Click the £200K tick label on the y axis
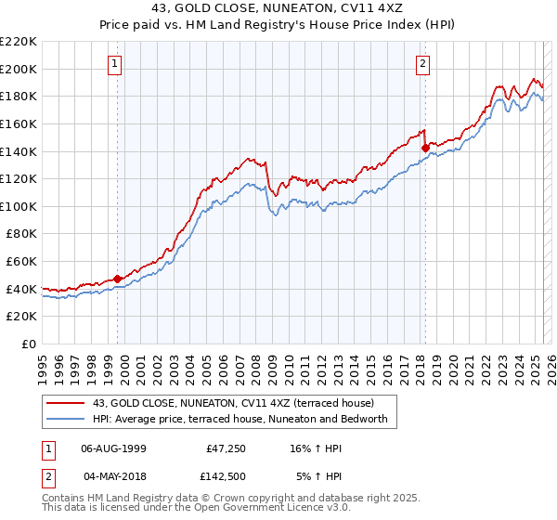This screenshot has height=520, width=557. pyautogui.click(x=19, y=69)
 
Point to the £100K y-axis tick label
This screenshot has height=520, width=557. pyautogui.click(x=19, y=206)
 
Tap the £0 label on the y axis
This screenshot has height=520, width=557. pyautogui.click(x=29, y=344)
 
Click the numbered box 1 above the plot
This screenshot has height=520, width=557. pyautogui.click(x=114, y=64)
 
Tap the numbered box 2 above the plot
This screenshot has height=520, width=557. pyautogui.click(x=422, y=64)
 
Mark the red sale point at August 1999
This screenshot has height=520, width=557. pyautogui.click(x=118, y=279)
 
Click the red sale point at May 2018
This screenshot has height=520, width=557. pyautogui.click(x=425, y=147)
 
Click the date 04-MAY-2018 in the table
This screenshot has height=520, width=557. pyautogui.click(x=113, y=477)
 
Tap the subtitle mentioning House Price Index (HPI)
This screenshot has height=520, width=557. pyautogui.click(x=278, y=26)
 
